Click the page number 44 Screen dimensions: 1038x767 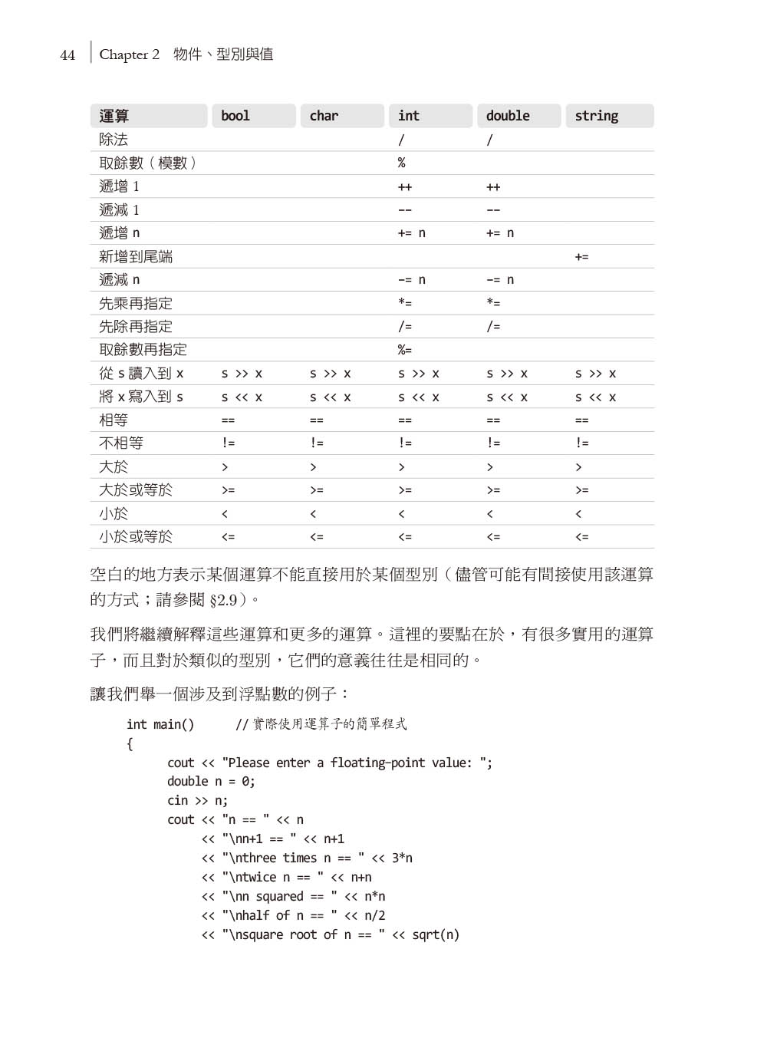point(67,55)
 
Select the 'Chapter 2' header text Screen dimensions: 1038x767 point(129,54)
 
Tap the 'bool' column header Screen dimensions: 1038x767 point(235,116)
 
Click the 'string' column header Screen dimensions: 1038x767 point(596,116)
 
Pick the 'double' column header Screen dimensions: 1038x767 point(508,116)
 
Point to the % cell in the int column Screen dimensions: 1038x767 point(401,163)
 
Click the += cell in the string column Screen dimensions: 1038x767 point(581,257)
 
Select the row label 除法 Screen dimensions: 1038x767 point(114,140)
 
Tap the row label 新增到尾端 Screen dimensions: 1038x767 point(136,257)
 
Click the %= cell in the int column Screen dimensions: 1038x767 point(404,350)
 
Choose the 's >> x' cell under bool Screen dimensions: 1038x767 point(242,374)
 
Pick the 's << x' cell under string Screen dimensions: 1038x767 point(595,397)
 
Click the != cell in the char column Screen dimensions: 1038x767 point(317,443)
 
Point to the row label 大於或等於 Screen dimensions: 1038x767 point(136,490)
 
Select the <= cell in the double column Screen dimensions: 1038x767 point(493,537)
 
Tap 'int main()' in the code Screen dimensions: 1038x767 point(160,724)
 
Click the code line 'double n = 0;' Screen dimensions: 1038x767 point(211,781)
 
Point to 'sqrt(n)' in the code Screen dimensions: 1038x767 point(436,934)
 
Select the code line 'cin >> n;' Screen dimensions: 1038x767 point(197,800)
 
